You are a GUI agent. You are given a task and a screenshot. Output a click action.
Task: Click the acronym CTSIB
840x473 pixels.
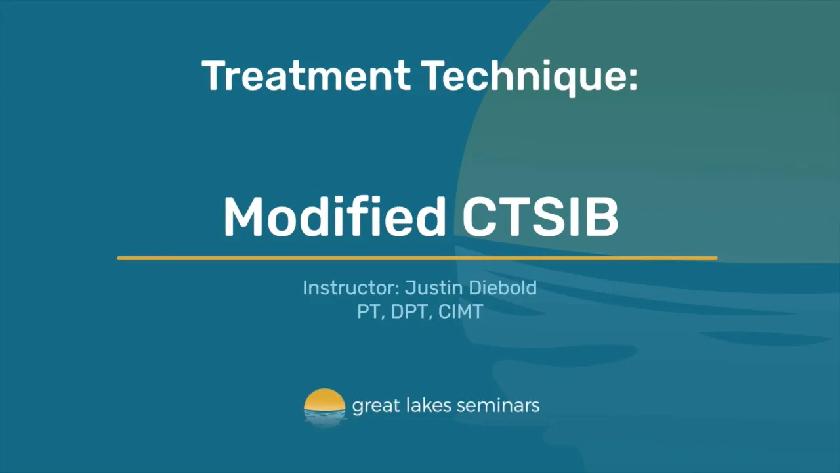539,217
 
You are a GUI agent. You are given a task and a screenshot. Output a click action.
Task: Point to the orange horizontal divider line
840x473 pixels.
417,258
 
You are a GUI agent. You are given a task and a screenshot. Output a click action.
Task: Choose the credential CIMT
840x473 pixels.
460,311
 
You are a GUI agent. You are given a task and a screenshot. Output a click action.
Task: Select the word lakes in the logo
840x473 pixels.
419,405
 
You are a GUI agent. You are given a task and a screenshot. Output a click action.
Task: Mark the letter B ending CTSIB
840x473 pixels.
602,217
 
